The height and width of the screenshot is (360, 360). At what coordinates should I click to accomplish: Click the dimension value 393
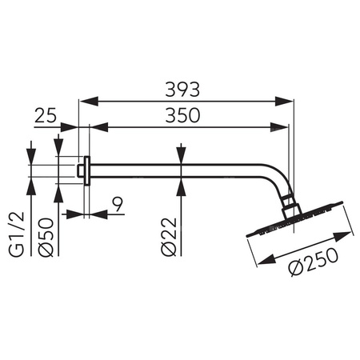[187, 86]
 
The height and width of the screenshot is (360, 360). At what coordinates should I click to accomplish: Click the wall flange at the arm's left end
[84, 169]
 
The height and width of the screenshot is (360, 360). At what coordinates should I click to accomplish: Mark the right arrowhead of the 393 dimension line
[289, 101]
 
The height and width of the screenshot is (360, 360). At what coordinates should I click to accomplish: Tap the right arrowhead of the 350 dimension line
[283, 126]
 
